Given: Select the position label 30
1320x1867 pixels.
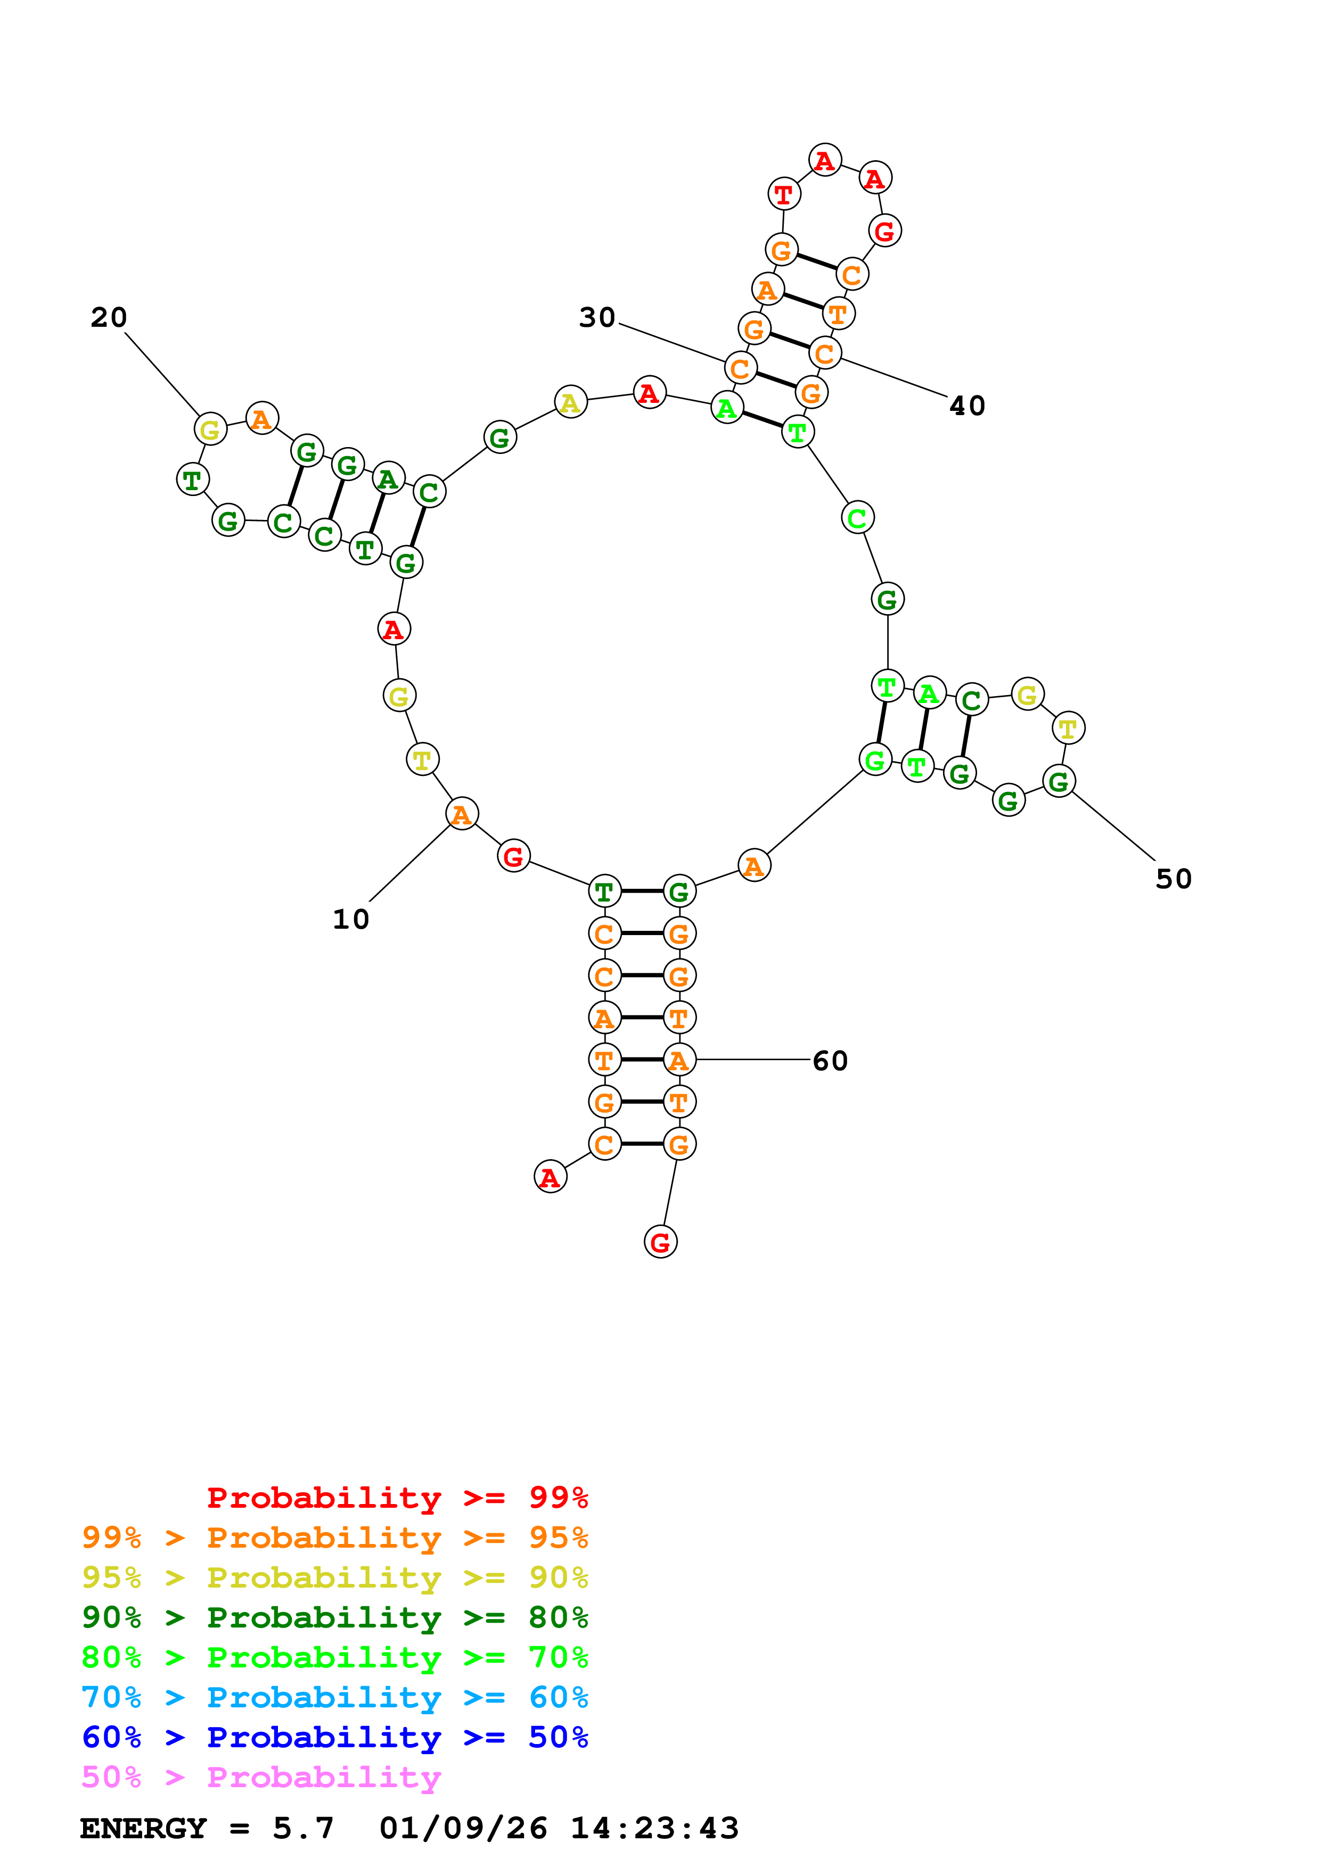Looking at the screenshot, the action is click(596, 318).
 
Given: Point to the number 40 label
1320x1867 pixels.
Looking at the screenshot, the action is click(967, 406).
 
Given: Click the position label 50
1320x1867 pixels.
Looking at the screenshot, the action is click(1173, 879).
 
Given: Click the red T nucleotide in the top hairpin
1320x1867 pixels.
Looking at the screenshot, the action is click(783, 194).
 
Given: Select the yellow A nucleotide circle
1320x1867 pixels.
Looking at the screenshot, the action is click(570, 402).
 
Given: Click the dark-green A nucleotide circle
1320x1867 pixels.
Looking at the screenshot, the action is click(388, 479).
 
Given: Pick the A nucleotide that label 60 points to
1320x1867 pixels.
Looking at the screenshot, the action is click(679, 1060).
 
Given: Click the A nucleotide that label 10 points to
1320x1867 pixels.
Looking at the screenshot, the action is click(461, 813).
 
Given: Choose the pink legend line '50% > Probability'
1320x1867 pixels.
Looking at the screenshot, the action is click(260, 1778).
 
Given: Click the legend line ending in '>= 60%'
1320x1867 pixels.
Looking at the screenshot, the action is click(334, 1698).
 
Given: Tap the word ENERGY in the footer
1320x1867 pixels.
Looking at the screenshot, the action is click(143, 1829).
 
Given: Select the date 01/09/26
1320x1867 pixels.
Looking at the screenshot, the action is click(463, 1829).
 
